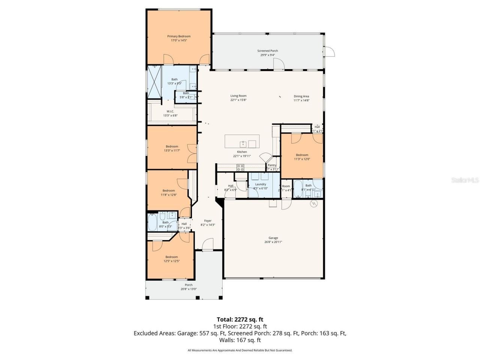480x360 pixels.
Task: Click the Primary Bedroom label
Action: pyautogui.click(x=178, y=36)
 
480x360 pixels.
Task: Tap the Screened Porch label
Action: pyautogui.click(x=267, y=51)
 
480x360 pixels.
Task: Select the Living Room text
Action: pyautogui.click(x=238, y=96)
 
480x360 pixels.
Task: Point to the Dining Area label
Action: pyautogui.click(x=301, y=96)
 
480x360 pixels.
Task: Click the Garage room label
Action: pyautogui.click(x=273, y=238)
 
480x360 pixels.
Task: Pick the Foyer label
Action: pyautogui.click(x=208, y=221)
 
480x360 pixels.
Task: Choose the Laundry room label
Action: pyautogui.click(x=260, y=184)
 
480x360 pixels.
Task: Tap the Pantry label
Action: pyautogui.click(x=272, y=165)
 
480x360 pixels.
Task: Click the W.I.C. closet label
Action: pyautogui.click(x=170, y=111)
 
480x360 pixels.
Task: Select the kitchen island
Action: pyautogui.click(x=242, y=142)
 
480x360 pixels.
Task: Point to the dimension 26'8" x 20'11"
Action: pyautogui.click(x=273, y=242)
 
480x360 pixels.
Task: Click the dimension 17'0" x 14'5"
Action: pyautogui.click(x=178, y=40)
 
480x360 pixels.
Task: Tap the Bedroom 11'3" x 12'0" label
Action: pyautogui.click(x=302, y=155)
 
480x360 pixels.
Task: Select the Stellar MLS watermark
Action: pyautogui.click(x=465, y=180)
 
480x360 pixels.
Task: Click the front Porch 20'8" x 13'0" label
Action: pyautogui.click(x=188, y=285)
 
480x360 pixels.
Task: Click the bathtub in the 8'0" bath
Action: pyautogui.click(x=153, y=222)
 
